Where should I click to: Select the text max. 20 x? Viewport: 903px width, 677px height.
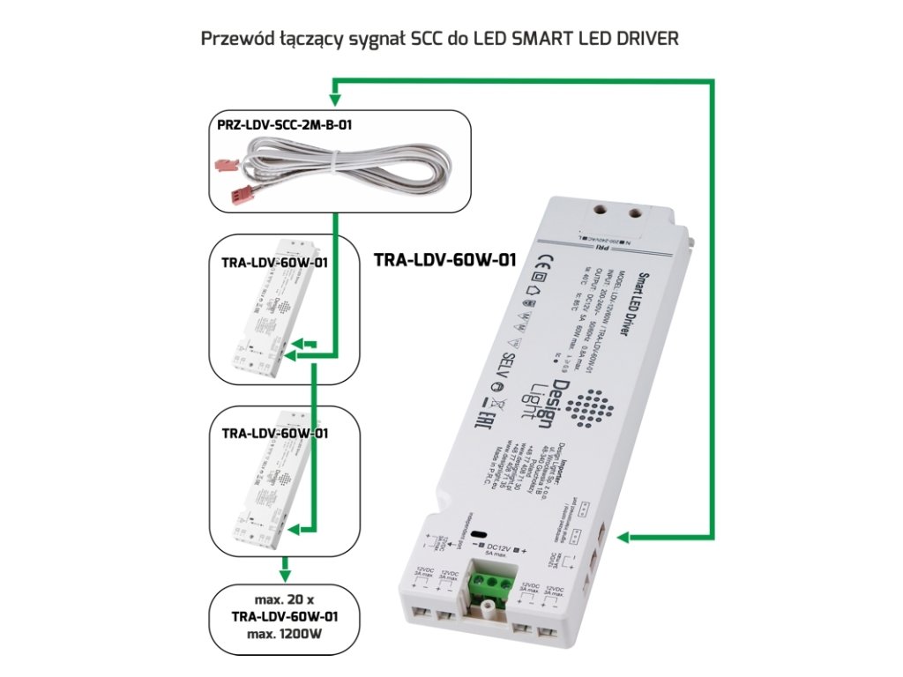coord(283,600)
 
